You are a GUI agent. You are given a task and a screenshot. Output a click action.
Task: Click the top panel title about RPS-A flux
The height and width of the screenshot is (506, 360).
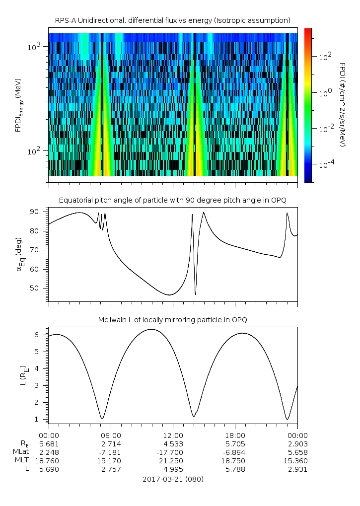[x=172, y=20]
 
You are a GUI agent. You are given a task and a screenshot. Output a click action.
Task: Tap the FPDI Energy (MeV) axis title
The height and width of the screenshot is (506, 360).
[x=18, y=104]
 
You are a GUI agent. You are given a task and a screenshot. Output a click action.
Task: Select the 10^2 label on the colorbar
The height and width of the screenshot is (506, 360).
[x=325, y=57]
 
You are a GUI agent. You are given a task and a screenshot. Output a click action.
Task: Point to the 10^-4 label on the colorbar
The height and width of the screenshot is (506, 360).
[x=326, y=164]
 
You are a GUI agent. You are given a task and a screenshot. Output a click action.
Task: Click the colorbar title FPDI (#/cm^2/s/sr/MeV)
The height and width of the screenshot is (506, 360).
[x=343, y=104]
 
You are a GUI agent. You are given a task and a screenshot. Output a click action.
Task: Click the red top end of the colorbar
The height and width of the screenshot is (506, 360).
[x=308, y=31]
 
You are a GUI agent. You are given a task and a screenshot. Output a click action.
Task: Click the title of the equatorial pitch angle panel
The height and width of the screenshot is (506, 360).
[x=172, y=200]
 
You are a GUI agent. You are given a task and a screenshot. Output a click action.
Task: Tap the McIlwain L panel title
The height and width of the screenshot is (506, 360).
[x=172, y=319]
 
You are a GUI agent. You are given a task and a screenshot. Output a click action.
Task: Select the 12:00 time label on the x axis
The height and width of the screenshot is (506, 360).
[x=173, y=435]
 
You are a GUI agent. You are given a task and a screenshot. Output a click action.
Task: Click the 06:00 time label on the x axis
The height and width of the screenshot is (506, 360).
[x=111, y=435]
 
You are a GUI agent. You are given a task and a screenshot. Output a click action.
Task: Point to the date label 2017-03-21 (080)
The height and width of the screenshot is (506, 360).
[x=173, y=479]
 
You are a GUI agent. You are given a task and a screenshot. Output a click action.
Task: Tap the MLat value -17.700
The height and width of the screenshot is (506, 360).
[x=173, y=452]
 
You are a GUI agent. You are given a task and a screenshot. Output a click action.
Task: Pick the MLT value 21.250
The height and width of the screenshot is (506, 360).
[x=173, y=461]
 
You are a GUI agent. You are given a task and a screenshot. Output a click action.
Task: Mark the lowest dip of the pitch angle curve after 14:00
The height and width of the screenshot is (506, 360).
[x=196, y=294]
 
